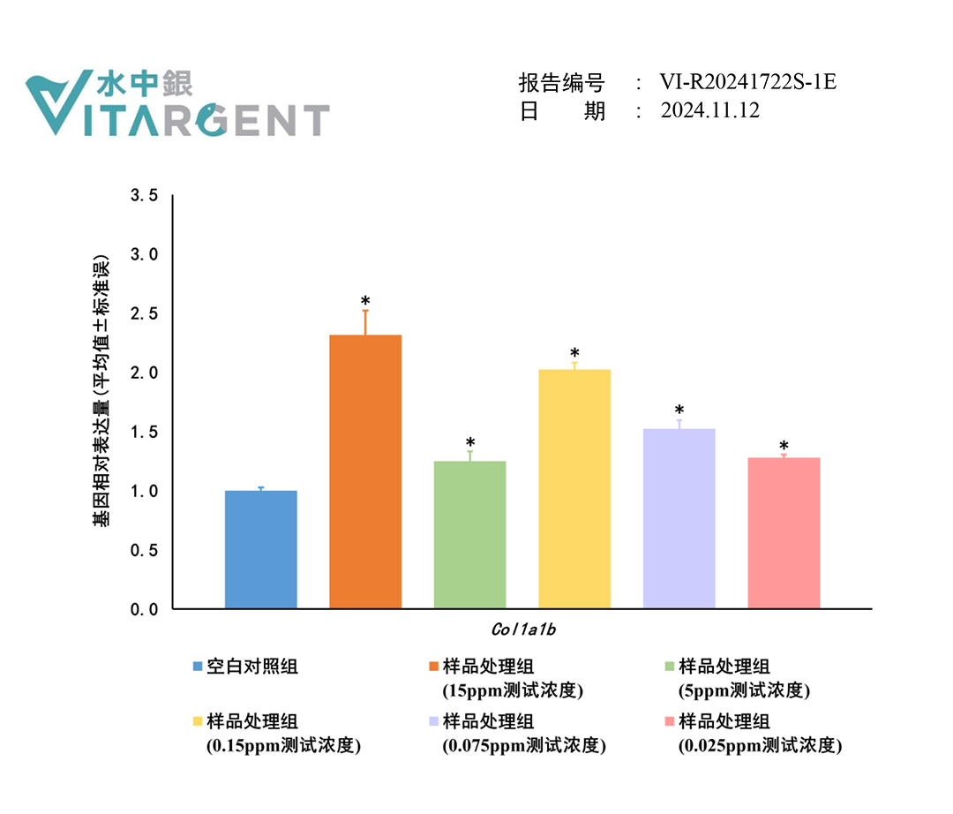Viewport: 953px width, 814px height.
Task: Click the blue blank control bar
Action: tap(261, 549)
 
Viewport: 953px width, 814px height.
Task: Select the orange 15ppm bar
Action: tap(365, 471)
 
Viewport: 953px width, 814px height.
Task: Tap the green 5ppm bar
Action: tap(469, 535)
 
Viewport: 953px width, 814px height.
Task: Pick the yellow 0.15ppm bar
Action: tap(574, 489)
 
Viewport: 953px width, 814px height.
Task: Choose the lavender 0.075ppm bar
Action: tap(679, 518)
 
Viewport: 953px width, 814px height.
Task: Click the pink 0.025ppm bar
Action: tap(784, 532)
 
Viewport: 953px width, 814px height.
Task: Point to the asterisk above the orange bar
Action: tap(365, 302)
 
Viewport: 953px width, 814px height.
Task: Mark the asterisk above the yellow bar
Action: tap(574, 354)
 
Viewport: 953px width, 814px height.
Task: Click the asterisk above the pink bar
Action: tap(784, 447)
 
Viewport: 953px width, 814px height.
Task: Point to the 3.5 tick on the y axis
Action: tap(144, 195)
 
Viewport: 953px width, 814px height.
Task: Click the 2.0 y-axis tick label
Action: tap(144, 373)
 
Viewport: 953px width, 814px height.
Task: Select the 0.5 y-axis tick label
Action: tap(144, 550)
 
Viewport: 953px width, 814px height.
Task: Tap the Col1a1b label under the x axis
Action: tap(522, 631)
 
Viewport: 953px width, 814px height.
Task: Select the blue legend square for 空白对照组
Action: tap(198, 667)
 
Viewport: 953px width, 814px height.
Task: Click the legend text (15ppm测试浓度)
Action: tap(513, 690)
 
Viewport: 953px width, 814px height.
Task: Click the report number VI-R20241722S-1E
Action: tap(747, 83)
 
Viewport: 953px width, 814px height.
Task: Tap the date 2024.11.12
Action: tap(709, 111)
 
